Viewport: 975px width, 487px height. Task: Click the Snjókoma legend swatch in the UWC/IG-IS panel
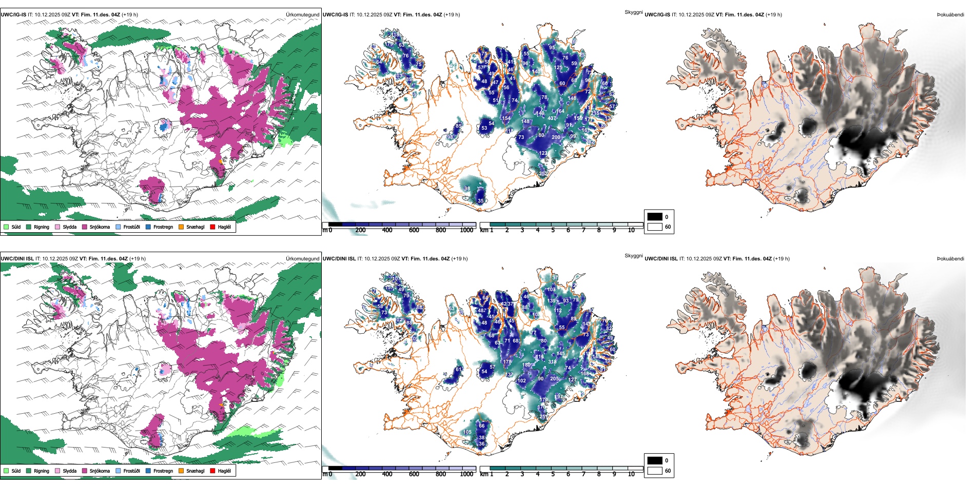click(x=85, y=227)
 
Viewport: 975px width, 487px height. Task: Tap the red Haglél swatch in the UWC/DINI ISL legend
click(x=212, y=471)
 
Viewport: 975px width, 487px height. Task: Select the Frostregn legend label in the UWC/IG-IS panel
click(x=163, y=227)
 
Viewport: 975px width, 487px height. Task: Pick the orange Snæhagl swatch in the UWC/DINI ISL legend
click(x=181, y=471)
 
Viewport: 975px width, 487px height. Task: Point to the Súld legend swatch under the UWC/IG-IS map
click(x=6, y=227)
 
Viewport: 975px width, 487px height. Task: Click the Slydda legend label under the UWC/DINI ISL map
click(x=69, y=471)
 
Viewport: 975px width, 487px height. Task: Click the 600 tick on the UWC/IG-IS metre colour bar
click(x=414, y=230)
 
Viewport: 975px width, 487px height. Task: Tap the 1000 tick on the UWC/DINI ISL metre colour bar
click(x=466, y=474)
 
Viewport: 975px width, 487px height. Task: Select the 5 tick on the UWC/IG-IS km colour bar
click(x=553, y=230)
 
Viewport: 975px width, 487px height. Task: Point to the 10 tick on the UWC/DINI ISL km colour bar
click(x=631, y=474)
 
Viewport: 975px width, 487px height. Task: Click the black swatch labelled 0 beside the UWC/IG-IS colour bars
click(x=655, y=217)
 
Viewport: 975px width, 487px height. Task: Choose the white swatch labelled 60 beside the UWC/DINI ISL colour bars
click(x=655, y=471)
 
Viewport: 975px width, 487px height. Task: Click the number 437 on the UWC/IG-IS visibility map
click(x=552, y=118)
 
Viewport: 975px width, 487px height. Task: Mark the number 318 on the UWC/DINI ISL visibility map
click(x=552, y=362)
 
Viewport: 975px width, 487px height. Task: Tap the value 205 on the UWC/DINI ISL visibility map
click(x=554, y=379)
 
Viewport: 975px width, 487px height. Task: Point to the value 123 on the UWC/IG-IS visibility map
click(x=543, y=153)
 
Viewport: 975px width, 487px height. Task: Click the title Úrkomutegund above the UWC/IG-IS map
click(x=302, y=15)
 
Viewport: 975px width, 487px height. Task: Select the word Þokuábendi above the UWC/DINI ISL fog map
click(x=950, y=259)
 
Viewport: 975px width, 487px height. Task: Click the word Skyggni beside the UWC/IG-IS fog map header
click(x=633, y=12)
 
